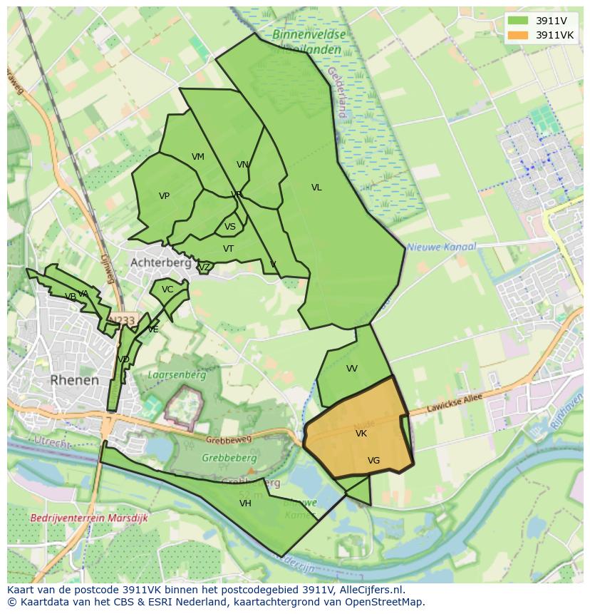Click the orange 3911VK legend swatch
518,35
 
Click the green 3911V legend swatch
518,21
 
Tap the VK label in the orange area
361,434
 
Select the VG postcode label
373,461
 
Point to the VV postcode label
352,369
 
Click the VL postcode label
316,188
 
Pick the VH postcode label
245,503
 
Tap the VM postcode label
198,157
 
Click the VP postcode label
164,196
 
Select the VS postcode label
230,227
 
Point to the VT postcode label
228,249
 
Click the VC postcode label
167,290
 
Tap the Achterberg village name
160,262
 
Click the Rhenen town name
75,380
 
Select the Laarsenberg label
177,374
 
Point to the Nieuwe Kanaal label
441,247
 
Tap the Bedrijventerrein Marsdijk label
89,518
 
